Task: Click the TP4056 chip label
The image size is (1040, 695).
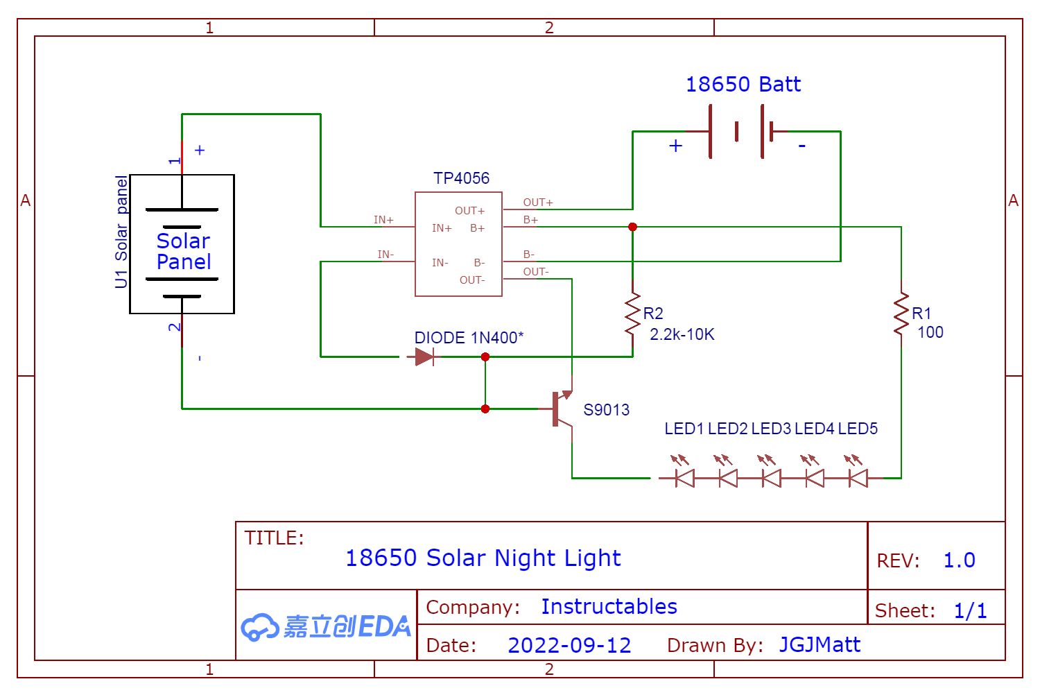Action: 461,178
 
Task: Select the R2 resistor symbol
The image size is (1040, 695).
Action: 632,314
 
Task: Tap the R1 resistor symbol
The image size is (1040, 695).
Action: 901,314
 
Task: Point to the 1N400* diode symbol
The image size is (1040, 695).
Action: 424,357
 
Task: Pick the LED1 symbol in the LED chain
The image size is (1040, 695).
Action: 684,477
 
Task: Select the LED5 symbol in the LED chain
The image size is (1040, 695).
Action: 858,477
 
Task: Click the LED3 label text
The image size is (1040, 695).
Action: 771,429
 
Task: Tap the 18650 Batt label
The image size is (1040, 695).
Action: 743,85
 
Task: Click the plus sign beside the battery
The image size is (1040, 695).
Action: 675,146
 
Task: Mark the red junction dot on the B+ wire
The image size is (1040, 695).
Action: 632,227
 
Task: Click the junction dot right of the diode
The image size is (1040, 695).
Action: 485,357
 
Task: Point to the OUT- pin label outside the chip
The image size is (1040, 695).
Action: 535,272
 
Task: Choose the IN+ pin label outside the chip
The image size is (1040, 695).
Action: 383,220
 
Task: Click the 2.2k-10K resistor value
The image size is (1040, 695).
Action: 682,334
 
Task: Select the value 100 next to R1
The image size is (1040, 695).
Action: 930,332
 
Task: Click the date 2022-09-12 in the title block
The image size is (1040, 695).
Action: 569,645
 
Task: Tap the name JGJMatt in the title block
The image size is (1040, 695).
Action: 820,644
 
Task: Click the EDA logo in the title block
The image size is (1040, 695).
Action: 326,626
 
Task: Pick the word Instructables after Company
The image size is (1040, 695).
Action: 609,606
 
